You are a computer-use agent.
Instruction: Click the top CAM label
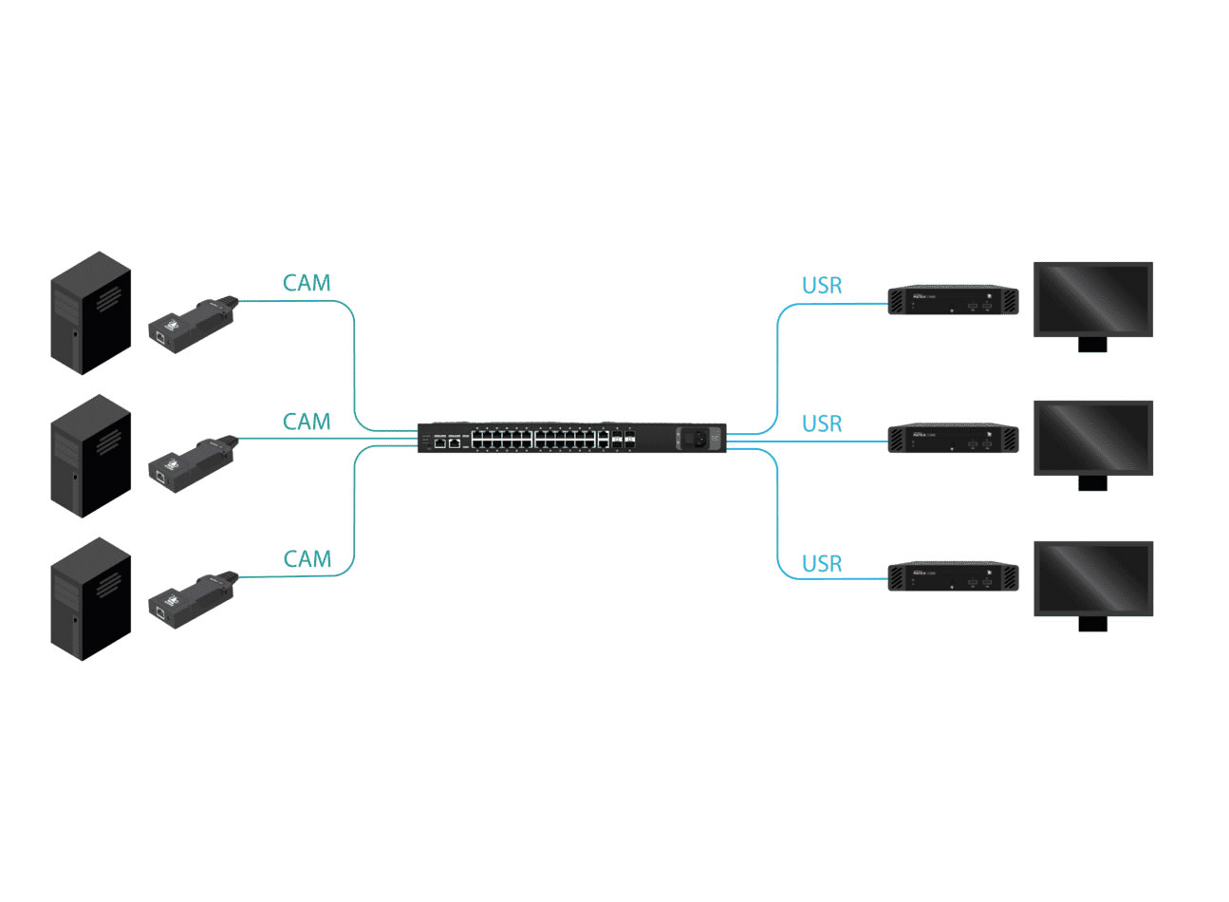point(307,283)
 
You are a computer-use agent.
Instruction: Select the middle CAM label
point(307,422)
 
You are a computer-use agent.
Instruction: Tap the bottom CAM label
point(307,559)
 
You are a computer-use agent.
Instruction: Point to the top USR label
point(822,286)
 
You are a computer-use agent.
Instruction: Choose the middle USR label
point(822,424)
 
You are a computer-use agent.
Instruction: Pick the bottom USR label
point(822,564)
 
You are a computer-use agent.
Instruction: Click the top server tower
point(90,313)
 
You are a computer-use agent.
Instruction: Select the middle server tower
point(90,456)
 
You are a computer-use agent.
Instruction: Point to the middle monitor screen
point(1092,438)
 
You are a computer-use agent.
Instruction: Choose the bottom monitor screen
point(1092,578)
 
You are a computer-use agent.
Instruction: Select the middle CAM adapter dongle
point(193,460)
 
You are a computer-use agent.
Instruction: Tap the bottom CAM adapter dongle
point(193,598)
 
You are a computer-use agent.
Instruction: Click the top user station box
point(953,301)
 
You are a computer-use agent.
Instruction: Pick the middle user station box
point(953,439)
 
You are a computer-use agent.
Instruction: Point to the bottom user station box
point(953,577)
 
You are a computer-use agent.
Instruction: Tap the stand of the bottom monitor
point(1092,623)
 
